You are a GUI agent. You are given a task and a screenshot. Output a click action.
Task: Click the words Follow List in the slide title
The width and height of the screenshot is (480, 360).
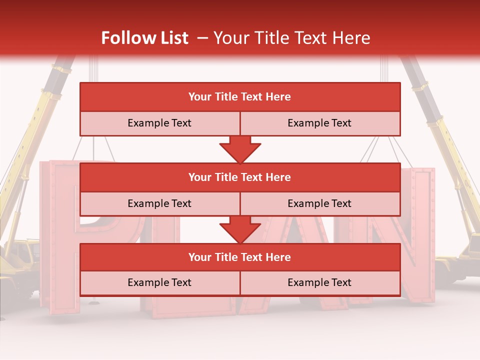click(x=145, y=38)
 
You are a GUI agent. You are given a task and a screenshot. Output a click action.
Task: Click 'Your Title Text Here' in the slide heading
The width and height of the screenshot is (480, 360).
click(x=291, y=38)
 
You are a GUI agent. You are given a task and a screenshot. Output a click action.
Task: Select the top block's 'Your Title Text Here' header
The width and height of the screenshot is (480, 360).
click(x=239, y=97)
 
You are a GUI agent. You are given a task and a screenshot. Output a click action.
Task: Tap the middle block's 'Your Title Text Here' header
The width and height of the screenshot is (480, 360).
click(x=239, y=177)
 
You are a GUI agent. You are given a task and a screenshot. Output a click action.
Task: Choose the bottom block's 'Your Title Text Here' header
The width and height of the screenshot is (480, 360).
click(x=239, y=257)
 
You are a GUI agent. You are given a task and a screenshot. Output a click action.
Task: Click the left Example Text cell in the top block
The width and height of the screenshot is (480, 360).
click(x=159, y=123)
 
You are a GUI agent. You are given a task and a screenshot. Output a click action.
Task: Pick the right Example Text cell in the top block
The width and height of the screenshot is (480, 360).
click(x=319, y=123)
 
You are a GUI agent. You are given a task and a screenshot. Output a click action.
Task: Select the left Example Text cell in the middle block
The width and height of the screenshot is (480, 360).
click(x=159, y=203)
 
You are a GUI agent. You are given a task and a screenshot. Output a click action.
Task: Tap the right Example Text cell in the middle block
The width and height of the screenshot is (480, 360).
click(x=319, y=203)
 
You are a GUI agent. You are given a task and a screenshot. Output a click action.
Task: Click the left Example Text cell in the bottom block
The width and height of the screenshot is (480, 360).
click(x=159, y=282)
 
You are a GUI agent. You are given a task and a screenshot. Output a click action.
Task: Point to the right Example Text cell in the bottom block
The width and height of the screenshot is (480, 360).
click(x=319, y=282)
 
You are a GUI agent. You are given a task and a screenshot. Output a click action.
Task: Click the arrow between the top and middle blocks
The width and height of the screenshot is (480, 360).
click(x=240, y=149)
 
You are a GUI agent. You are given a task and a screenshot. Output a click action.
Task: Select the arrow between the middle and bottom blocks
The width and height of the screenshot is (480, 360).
click(x=240, y=229)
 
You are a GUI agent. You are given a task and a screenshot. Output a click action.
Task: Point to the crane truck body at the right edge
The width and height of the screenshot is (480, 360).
click(x=457, y=265)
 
